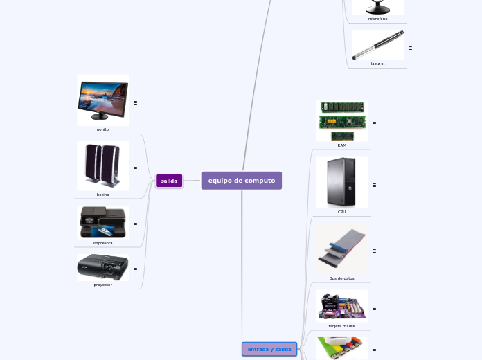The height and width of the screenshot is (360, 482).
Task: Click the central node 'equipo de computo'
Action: tap(242, 181)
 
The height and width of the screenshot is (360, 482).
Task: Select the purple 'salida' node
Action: tap(169, 181)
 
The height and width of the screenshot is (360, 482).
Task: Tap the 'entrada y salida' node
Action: tap(269, 349)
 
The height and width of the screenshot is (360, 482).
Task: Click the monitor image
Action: tap(102, 100)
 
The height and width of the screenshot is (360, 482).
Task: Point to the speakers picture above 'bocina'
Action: tap(102, 165)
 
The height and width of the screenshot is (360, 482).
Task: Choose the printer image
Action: tap(102, 222)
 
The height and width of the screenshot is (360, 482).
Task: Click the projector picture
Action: tap(102, 267)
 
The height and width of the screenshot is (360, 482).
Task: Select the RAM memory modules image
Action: tap(341, 121)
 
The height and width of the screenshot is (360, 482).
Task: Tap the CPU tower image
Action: tap(341, 182)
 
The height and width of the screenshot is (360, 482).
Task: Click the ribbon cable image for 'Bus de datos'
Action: tap(341, 248)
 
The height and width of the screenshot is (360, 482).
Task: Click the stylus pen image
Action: tap(377, 45)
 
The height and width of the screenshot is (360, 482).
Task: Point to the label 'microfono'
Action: tap(377, 19)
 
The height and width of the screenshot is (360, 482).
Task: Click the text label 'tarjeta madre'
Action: tap(341, 325)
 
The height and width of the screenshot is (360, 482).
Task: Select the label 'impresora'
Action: tap(102, 243)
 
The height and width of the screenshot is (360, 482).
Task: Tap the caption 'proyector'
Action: tap(102, 285)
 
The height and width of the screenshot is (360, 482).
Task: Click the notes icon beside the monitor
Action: tap(135, 102)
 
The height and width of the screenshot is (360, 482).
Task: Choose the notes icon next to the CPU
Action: tap(374, 185)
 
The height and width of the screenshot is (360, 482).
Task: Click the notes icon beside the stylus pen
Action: tap(410, 48)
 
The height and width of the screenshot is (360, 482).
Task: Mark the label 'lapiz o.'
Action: tap(377, 64)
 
